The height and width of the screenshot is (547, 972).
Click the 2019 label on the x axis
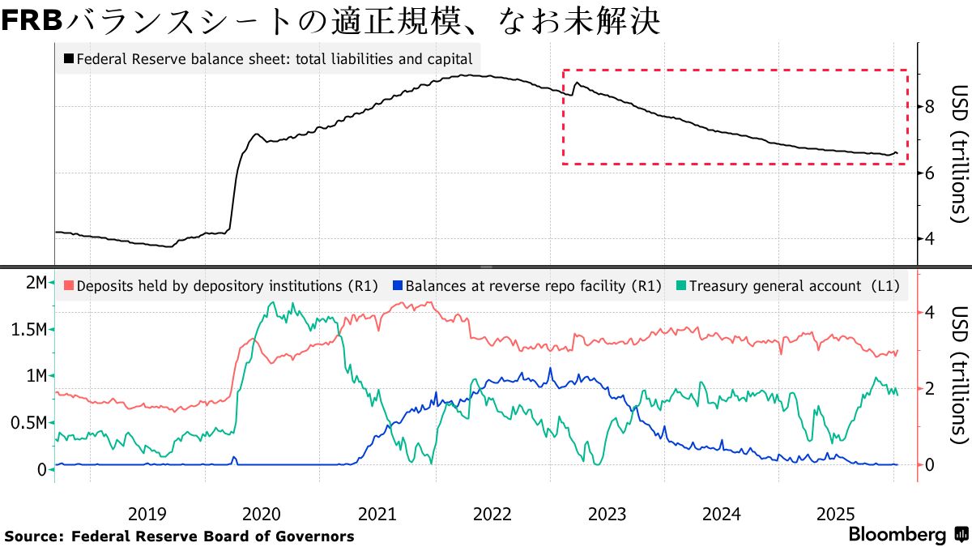(x=147, y=513)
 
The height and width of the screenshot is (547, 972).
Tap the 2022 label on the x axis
(x=492, y=513)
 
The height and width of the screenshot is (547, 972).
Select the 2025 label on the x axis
(x=836, y=513)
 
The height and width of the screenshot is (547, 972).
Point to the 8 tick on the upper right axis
(x=930, y=106)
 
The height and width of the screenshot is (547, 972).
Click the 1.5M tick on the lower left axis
(x=29, y=329)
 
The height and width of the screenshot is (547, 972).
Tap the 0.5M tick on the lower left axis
(x=29, y=423)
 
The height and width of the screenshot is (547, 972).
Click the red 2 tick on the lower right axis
(x=930, y=388)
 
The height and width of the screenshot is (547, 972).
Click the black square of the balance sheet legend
(x=69, y=59)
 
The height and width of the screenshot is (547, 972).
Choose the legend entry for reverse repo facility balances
(x=526, y=286)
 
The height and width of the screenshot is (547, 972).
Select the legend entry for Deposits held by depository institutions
(x=219, y=286)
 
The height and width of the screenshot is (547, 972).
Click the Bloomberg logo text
(x=897, y=535)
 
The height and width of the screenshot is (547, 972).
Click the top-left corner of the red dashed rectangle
(x=563, y=71)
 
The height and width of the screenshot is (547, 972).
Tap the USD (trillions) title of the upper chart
(x=959, y=154)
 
